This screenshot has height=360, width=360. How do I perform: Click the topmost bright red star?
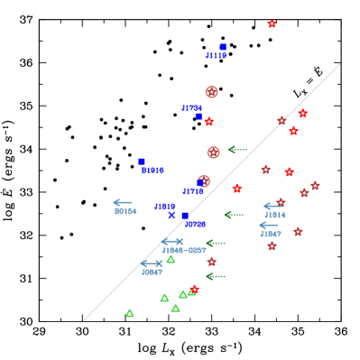272,24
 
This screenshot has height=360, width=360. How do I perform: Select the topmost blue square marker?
223,47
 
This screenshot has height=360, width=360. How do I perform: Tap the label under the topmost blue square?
216,56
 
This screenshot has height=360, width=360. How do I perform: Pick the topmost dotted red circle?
211,92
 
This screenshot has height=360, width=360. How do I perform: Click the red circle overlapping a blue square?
204,181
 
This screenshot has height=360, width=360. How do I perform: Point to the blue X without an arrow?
171,216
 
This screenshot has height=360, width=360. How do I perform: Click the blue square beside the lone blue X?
185,216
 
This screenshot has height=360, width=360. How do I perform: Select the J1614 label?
275,215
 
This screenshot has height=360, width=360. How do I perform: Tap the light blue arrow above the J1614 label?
272,206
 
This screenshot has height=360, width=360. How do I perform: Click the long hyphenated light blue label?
184,250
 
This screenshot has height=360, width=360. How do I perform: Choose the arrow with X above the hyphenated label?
172,241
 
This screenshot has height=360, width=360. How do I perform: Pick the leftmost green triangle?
130,313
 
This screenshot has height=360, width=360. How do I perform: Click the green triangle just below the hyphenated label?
171,259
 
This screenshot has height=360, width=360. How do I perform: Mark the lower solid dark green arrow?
215,276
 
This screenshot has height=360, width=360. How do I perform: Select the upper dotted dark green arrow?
236,150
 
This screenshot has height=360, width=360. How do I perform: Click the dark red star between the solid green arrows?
212,262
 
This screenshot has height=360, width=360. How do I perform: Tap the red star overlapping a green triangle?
193,290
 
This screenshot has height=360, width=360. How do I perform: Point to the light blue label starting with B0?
125,211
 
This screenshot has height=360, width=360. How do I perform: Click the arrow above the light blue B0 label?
123,202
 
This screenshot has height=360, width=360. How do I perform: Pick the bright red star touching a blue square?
208,121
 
